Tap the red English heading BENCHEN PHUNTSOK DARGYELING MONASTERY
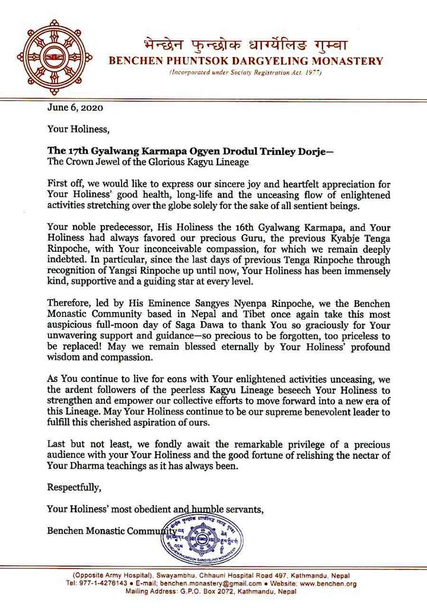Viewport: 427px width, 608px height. (x=244, y=61)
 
